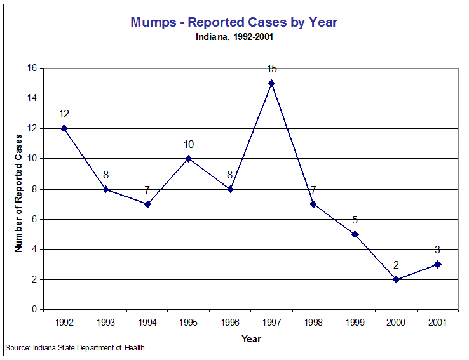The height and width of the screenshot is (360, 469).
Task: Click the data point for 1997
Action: (271, 83)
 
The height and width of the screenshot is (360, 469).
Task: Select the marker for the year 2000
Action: (396, 279)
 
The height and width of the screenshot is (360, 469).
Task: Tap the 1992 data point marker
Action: (64, 128)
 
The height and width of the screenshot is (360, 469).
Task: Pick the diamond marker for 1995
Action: (189, 159)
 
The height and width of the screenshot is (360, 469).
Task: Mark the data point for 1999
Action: (355, 234)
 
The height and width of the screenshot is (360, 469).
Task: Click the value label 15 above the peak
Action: (271, 69)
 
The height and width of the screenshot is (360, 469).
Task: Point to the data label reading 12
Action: (64, 114)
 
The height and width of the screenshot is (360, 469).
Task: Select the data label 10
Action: (189, 144)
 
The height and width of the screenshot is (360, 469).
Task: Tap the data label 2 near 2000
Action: (396, 265)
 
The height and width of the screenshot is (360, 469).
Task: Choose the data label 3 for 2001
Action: (437, 250)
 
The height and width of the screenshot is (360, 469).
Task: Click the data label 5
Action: (355, 220)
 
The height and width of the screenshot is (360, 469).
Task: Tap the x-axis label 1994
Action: (147, 323)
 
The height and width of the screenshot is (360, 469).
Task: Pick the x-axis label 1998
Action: (313, 323)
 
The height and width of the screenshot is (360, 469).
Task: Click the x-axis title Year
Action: (251, 338)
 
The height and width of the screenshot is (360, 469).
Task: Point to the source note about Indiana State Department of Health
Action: (75, 348)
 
